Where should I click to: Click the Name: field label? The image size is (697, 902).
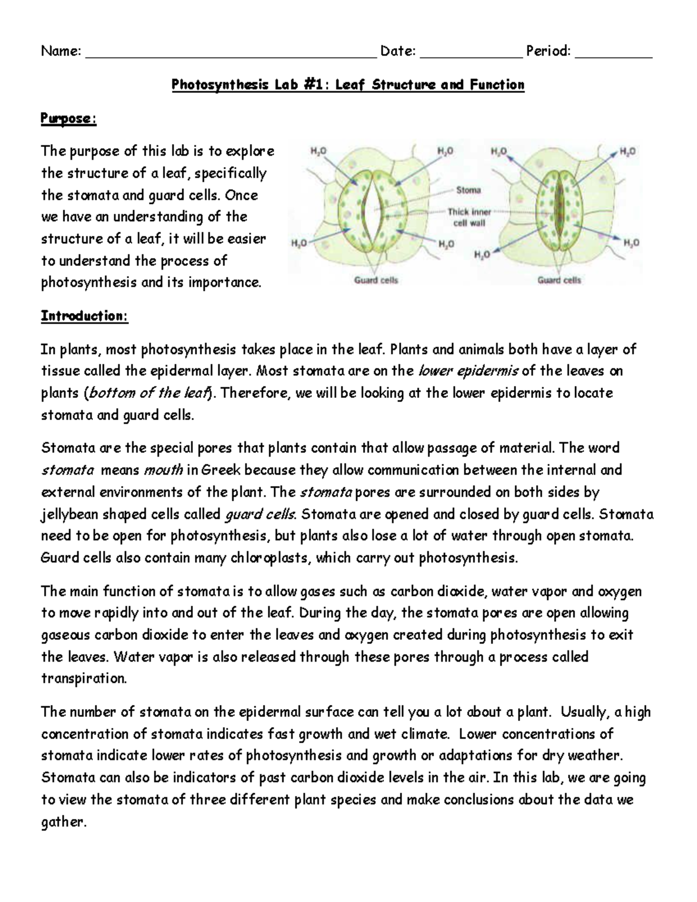pos(60,51)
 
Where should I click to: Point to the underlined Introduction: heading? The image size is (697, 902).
pos(84,316)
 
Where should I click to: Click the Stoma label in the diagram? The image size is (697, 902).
pos(468,190)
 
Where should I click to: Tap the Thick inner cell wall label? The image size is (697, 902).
pos(469,217)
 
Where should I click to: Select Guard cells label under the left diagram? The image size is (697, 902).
pos(376,280)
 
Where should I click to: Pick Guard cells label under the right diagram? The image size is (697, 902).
pos(559,280)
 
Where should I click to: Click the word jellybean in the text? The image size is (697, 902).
pos(70,514)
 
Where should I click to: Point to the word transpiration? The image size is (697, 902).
pos(84,678)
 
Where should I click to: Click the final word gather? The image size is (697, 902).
pos(63,822)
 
